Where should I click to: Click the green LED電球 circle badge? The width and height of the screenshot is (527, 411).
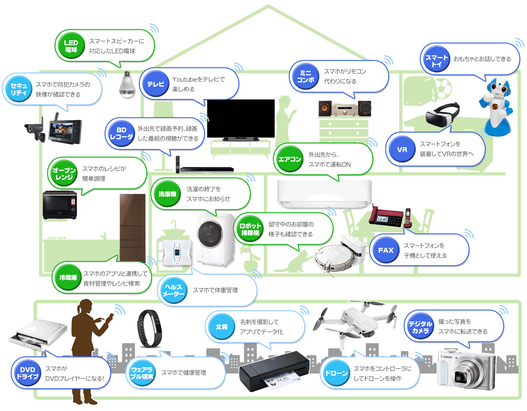pyautogui.click(x=71, y=46)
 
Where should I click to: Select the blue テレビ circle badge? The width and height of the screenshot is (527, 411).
pyautogui.click(x=155, y=84)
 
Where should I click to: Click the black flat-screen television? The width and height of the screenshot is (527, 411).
pyautogui.click(x=240, y=118)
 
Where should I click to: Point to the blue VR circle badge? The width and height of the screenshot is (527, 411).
pyautogui.click(x=402, y=150)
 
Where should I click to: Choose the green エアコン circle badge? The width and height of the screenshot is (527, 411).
pyautogui.click(x=290, y=159)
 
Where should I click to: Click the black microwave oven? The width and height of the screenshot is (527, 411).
pyautogui.click(x=60, y=205)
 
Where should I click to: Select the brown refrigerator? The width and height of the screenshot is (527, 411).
pyautogui.click(x=132, y=227)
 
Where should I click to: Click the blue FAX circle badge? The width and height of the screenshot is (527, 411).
pyautogui.click(x=386, y=250)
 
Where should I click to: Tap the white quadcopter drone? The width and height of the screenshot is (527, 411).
pyautogui.click(x=356, y=322)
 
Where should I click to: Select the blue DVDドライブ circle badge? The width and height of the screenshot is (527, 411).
pyautogui.click(x=27, y=373)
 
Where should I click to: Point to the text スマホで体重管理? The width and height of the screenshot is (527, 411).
pyautogui.click(x=215, y=290)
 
